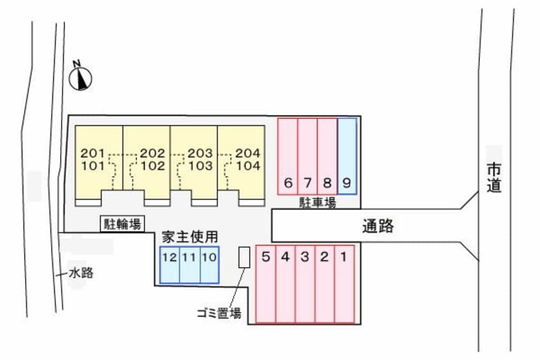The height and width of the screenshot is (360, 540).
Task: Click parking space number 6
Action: pyautogui.click(x=288, y=156)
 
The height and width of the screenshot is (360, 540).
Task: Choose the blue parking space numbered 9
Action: pyautogui.click(x=347, y=156)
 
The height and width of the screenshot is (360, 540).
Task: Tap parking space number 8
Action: pyautogui.click(x=327, y=156)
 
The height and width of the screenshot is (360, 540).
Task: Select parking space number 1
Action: pyautogui.click(x=344, y=284)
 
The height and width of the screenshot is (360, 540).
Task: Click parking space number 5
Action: pyautogui.click(x=266, y=284)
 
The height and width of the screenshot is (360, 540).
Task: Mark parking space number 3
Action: pyautogui.click(x=305, y=284)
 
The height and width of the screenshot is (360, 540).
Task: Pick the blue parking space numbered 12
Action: pyautogui.click(x=169, y=264)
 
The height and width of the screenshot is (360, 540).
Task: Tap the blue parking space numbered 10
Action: pyautogui.click(x=209, y=264)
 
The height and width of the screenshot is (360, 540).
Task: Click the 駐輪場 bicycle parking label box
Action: pyautogui.click(x=122, y=223)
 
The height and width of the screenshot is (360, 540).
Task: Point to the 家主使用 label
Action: pyautogui.click(x=189, y=237)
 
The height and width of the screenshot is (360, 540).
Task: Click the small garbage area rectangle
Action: pyautogui.click(x=244, y=257)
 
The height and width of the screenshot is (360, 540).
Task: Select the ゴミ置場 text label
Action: pyautogui.click(x=219, y=313)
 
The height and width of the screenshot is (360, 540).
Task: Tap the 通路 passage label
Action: pyautogui.click(x=378, y=225)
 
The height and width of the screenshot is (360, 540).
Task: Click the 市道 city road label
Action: pyautogui.click(x=493, y=177)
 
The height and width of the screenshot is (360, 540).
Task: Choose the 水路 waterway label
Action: pyautogui.click(x=81, y=273)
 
